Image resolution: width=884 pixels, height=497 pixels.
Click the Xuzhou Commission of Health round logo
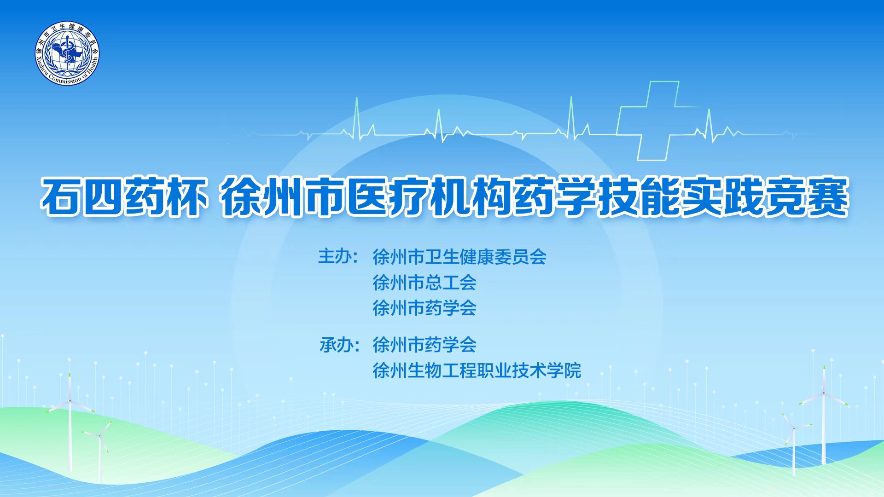coord(67,53)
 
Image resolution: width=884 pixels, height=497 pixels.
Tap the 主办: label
coord(338,256)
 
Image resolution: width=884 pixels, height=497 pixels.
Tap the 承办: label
coord(339,344)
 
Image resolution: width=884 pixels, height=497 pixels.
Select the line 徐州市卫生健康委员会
coord(459,257)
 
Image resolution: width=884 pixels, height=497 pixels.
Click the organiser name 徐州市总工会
coord(425,283)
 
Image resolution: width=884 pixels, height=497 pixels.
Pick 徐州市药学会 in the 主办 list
coord(425,308)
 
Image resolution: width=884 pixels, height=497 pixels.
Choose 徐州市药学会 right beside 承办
coord(425,345)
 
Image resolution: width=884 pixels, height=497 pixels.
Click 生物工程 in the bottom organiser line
coord(442,370)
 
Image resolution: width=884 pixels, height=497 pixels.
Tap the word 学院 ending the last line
coord(564,370)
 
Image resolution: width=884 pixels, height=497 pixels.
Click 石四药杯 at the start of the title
coord(123,196)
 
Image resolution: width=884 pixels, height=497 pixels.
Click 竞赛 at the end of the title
coord(806,196)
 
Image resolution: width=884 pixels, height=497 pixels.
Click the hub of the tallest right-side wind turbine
coord(824,393)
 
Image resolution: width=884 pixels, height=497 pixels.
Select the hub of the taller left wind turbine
coord(70,400)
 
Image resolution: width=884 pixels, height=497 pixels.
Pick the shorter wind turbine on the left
coord(99,449)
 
